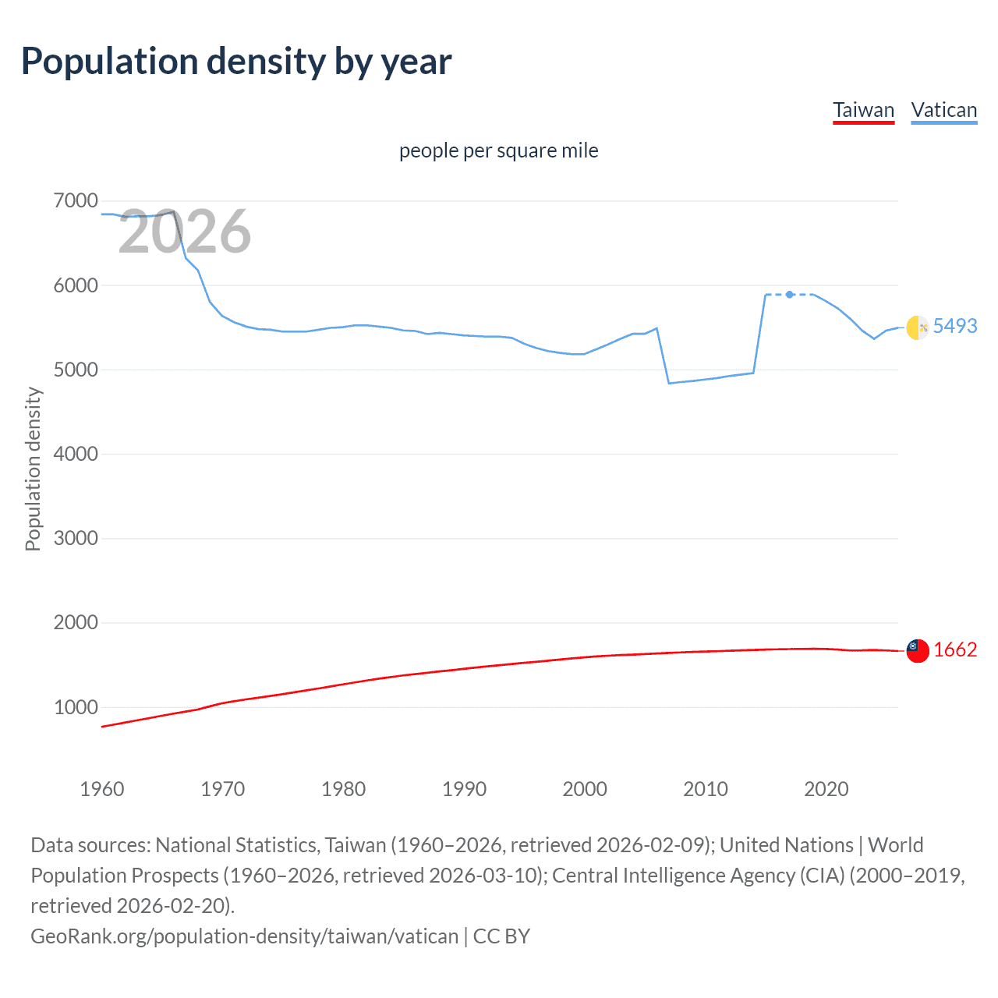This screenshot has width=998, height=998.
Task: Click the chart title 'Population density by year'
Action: tap(236, 62)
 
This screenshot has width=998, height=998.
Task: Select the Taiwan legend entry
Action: tap(863, 110)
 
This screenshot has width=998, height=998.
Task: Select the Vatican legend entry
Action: tap(943, 110)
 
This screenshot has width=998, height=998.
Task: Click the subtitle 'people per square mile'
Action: tap(498, 150)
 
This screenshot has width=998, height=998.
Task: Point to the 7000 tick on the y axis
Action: tap(76, 201)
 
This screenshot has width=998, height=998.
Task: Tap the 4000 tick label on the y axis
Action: tap(76, 454)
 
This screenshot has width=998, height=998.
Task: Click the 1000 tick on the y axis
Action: tap(76, 707)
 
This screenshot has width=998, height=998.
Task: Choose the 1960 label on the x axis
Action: tap(102, 789)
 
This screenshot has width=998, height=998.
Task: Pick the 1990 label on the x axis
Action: tap(464, 789)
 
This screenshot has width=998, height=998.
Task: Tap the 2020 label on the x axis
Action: tap(826, 789)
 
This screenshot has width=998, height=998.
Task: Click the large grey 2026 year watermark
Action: tap(184, 232)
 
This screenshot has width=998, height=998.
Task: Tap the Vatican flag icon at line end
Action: tap(918, 327)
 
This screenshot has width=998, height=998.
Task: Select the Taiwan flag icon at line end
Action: tap(918, 650)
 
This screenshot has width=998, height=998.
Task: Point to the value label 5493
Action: tap(954, 326)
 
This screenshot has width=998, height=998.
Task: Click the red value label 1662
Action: tap(954, 649)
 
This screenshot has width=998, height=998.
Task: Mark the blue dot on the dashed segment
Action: tap(790, 295)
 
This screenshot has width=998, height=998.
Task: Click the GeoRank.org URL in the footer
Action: tap(244, 936)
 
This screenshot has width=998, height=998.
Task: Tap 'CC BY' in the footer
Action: tap(501, 936)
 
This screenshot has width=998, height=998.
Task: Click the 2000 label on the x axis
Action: tap(585, 789)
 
